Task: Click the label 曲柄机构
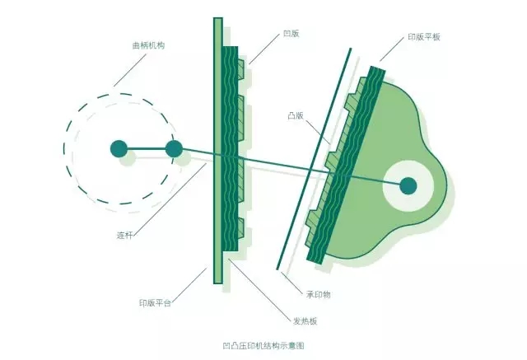tap(149, 45)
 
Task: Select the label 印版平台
tap(155, 303)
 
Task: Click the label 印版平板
tap(423, 38)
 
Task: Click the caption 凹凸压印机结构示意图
tap(263, 346)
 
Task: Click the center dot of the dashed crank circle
tap(119, 149)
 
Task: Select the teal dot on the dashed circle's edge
tap(174, 149)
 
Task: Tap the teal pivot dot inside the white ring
tap(408, 185)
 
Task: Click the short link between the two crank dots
tap(146, 149)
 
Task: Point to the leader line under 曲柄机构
tap(128, 69)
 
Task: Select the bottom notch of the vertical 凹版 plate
tap(241, 230)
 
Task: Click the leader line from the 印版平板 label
tap(392, 51)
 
